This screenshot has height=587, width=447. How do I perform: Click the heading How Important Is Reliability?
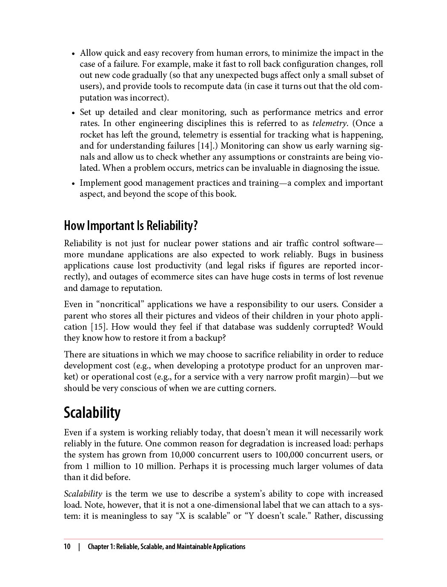point(131,225)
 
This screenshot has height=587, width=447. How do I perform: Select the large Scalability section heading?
point(92,412)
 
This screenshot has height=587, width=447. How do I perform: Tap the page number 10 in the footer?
point(67,547)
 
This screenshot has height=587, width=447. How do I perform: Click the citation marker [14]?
point(206,146)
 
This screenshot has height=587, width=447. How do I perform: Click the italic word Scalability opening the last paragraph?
point(83,494)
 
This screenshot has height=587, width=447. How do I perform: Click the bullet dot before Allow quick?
point(73,54)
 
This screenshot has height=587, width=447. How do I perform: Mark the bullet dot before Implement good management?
point(73,184)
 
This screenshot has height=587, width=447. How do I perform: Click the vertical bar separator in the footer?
point(79,547)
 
